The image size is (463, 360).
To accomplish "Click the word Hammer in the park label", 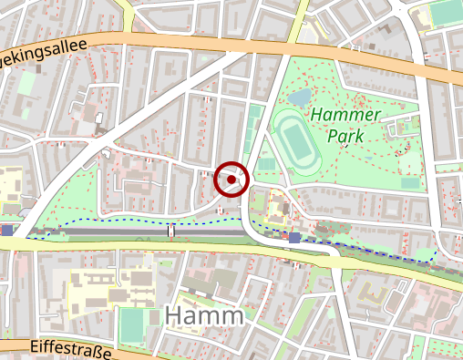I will pyautogui.click(x=343, y=115).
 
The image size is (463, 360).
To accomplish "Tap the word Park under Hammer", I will pyautogui.click(x=346, y=136).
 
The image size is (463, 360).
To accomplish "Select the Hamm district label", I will pyautogui.click(x=206, y=316).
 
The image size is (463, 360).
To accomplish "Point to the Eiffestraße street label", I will pyautogui.click(x=70, y=348).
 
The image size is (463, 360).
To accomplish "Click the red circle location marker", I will pyautogui.click(x=232, y=180).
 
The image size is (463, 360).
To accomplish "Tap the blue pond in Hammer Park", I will pyautogui.click(x=299, y=97).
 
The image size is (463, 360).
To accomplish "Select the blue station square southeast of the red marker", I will pyautogui.click(x=294, y=238).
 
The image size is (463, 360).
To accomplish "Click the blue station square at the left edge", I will pyautogui.click(x=7, y=231).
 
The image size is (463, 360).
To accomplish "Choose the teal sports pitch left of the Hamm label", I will pyautogui.click(x=133, y=325).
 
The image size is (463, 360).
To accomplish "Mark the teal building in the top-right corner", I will pyautogui.click(x=447, y=13).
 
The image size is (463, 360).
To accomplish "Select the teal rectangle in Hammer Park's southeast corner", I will pyautogui.click(x=410, y=182).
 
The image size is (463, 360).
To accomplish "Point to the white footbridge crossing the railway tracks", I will pyautogui.click(x=170, y=231).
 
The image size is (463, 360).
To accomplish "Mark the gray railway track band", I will pyautogui.click(x=109, y=232).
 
